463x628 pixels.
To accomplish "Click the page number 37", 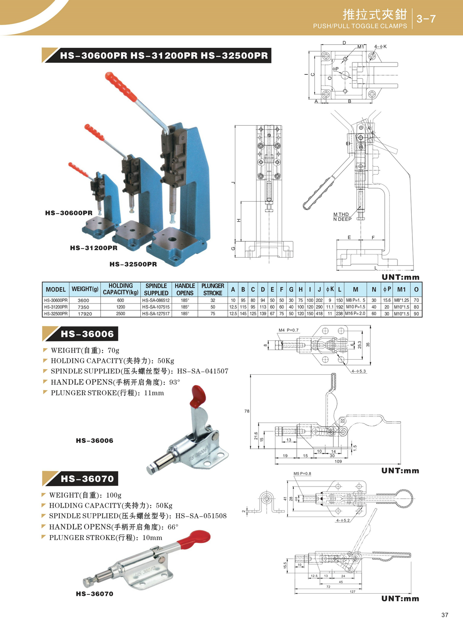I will click(x=444, y=615).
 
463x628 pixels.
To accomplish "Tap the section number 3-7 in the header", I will click(x=426, y=19).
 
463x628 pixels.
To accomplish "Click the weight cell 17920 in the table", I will click(x=85, y=314).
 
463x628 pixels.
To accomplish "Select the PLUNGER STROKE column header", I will click(x=213, y=289).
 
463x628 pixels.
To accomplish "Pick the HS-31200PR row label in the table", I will click(x=56, y=307).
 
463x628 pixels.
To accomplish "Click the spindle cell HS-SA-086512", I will click(x=156, y=300).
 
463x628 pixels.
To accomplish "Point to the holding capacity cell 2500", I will click(x=120, y=314).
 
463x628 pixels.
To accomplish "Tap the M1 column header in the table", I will click(x=401, y=289).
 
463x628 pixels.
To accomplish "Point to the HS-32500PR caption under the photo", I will click(x=133, y=264).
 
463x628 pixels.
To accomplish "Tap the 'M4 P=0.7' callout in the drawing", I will click(x=289, y=330).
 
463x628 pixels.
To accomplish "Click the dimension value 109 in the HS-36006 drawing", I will click(x=338, y=461).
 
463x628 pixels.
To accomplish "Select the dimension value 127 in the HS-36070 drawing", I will click(x=353, y=591).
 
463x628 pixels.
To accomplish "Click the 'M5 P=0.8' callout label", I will click(x=302, y=473).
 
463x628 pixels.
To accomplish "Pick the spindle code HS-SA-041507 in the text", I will click(x=203, y=371).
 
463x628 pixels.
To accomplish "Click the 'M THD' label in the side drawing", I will click(x=341, y=214).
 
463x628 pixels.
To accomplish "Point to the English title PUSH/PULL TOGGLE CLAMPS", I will click(x=360, y=26).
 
